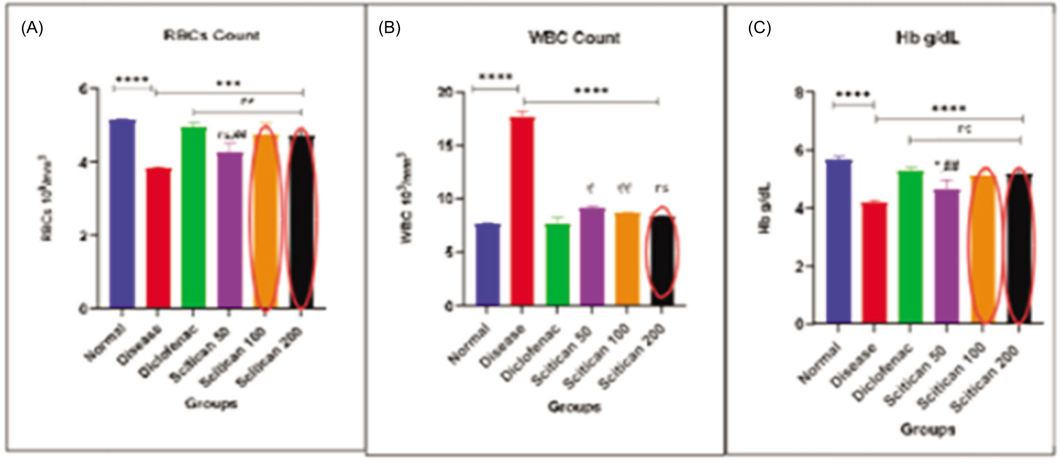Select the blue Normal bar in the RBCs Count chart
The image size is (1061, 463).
(123, 214)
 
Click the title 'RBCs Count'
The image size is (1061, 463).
(211, 36)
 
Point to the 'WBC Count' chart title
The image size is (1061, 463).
(574, 38)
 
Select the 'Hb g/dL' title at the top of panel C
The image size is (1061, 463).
(927, 39)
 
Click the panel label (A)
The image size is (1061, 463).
(32, 28)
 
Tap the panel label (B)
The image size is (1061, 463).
(389, 28)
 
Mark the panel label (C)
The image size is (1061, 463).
(759, 28)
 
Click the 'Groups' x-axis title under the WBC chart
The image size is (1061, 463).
(574, 407)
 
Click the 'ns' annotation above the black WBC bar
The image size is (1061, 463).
(661, 188)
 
